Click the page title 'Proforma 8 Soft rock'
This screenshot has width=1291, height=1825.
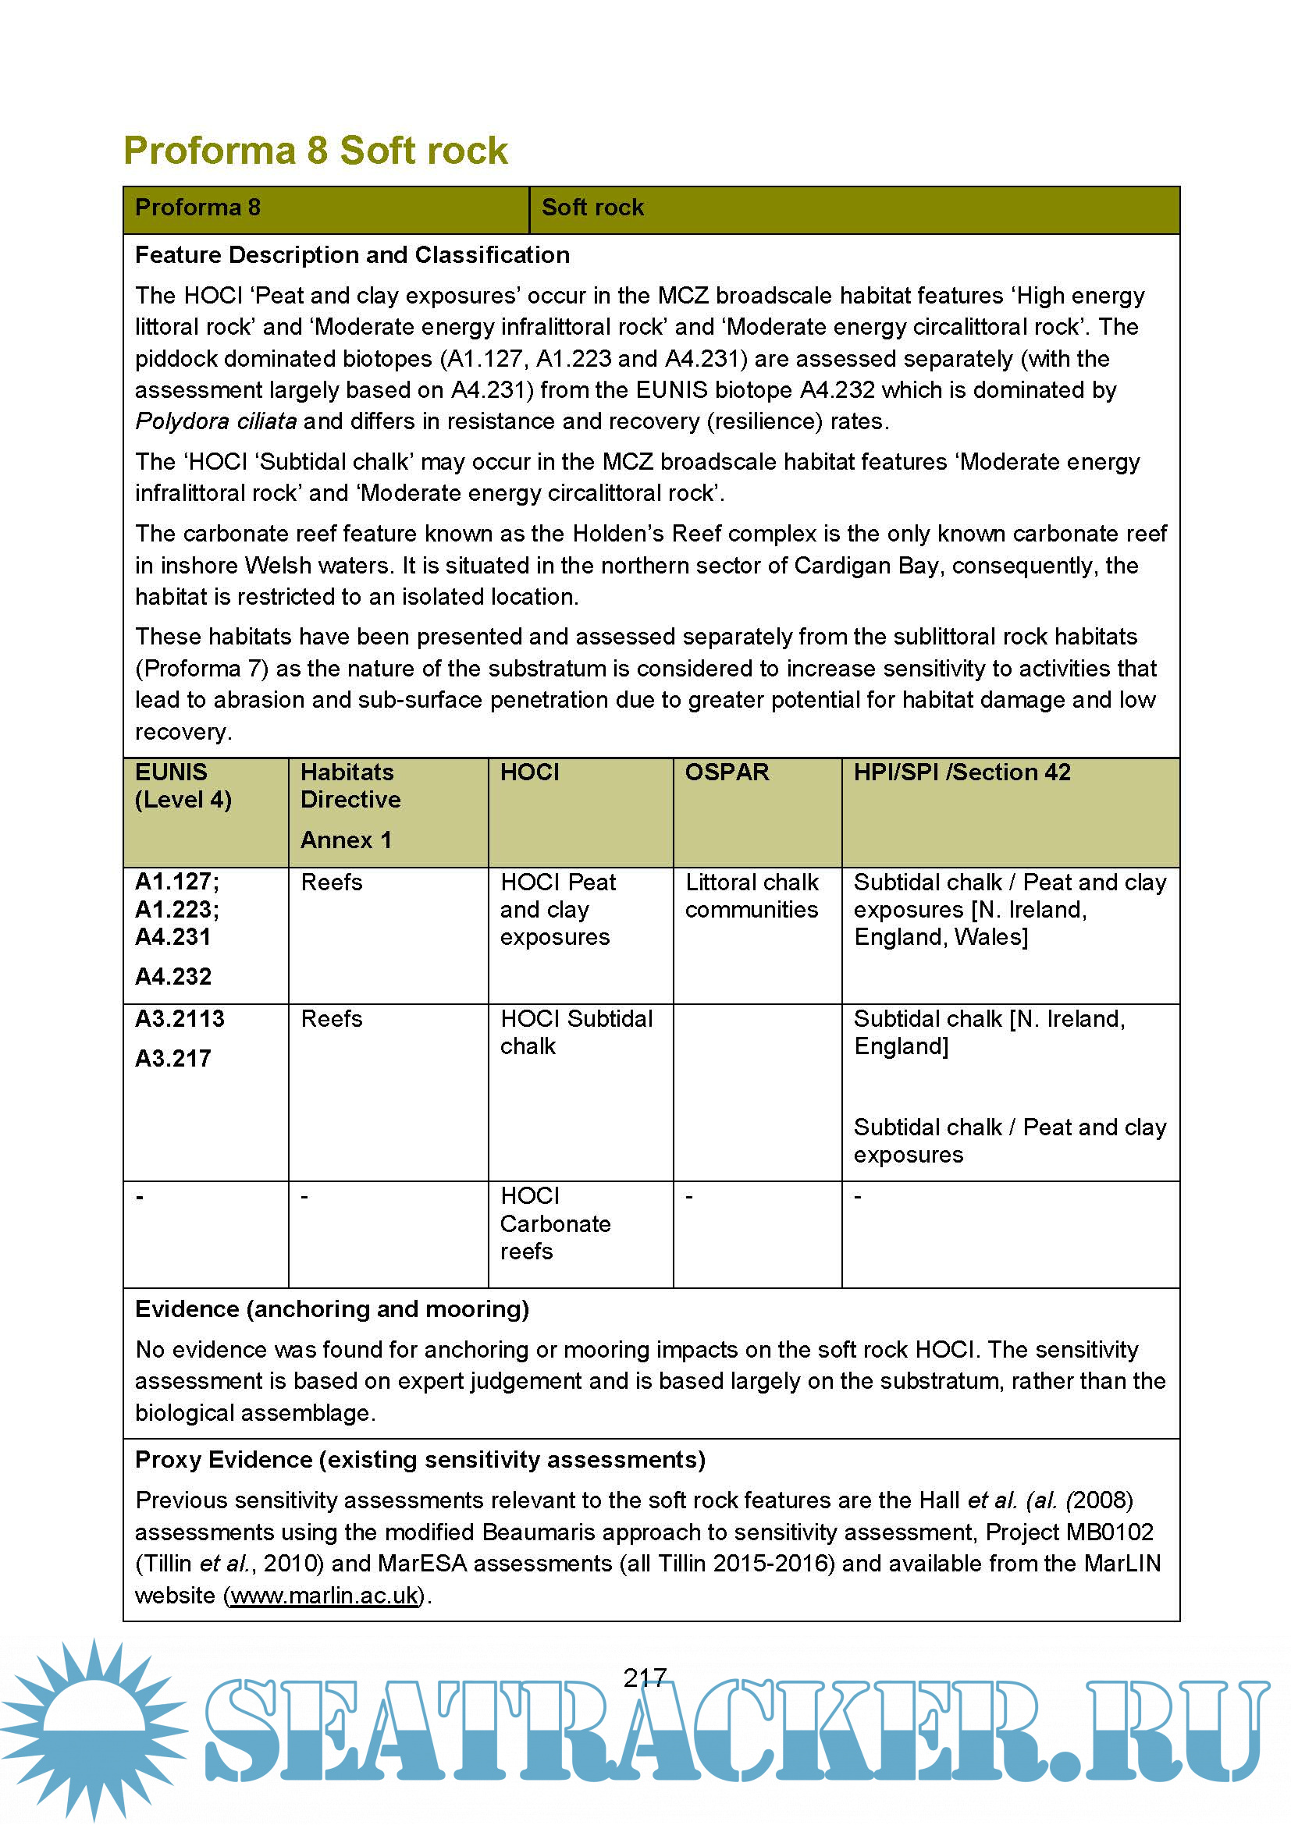coord(315,151)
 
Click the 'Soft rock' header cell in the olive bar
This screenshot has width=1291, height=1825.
coord(592,208)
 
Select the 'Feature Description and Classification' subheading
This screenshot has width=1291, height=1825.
coord(352,255)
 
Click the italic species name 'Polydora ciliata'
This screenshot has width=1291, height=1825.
coord(216,421)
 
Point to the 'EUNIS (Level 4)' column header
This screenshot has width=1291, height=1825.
coord(183,786)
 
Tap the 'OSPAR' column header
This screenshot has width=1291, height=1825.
coord(727,772)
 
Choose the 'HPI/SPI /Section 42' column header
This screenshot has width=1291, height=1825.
coord(962,772)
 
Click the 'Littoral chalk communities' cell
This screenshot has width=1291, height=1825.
coord(751,896)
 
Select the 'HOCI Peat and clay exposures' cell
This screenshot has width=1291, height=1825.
coord(558,909)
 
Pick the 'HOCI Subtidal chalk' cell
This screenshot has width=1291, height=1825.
coord(575,1031)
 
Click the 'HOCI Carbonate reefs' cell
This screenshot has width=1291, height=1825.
coord(555,1223)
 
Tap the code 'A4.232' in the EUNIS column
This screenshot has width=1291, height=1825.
coord(173,976)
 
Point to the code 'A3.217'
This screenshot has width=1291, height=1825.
coord(173,1058)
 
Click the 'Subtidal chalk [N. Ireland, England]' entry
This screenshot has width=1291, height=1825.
coord(989,1031)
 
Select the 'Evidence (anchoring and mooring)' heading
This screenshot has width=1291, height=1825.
coord(333,1309)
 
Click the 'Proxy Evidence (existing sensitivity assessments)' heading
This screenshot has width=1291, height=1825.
coord(420,1459)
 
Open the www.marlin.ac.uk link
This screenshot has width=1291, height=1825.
coord(325,1596)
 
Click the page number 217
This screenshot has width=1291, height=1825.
coord(645,1678)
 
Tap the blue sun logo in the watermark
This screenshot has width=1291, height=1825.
coord(94,1729)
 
